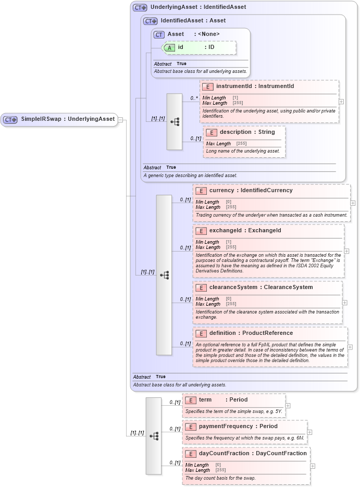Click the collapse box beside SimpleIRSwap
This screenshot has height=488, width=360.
(120, 119)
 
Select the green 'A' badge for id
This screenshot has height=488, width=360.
(169, 47)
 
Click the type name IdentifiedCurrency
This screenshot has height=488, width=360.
(266, 191)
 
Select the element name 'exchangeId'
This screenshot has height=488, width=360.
(227, 231)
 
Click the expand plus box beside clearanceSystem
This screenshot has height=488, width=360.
(344, 302)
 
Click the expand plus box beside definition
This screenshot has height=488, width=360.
(350, 347)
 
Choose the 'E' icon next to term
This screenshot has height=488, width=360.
(191, 400)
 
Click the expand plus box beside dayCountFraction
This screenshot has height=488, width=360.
(313, 466)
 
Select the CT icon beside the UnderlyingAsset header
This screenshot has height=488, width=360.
(140, 8)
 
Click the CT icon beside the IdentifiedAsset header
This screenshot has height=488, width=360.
(151, 21)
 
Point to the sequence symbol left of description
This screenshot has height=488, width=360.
(175, 121)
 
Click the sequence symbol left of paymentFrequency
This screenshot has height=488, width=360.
(154, 435)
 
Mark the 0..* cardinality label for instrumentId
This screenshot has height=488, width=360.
(194, 98)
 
